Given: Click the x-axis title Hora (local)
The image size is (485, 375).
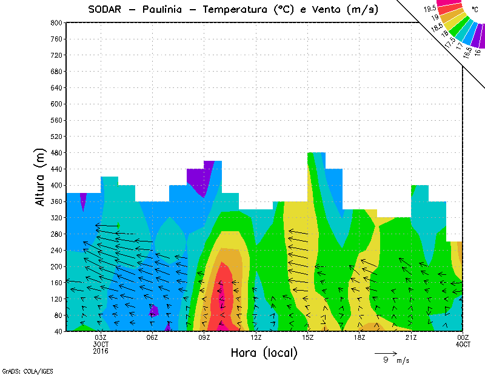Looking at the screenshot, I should (x=264, y=353).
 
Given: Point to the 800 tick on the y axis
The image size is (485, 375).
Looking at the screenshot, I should (x=56, y=22).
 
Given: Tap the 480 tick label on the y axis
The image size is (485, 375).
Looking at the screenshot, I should (x=56, y=153).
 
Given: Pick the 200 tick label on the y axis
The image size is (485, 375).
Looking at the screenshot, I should (x=56, y=266).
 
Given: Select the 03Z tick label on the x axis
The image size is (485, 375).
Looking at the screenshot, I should (x=101, y=338).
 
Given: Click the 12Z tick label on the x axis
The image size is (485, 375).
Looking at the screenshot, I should (x=256, y=338).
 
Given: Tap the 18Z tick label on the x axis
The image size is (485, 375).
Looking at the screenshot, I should (x=360, y=338).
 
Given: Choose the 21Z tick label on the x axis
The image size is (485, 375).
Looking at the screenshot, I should (x=411, y=338).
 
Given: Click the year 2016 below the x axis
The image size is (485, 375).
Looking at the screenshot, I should (x=101, y=351).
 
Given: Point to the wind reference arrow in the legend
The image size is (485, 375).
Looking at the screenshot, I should (x=386, y=353).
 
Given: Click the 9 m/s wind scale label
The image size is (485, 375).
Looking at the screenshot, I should (x=395, y=360).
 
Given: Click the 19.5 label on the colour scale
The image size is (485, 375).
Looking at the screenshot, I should (x=430, y=8).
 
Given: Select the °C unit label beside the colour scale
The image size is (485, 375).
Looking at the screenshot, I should (x=475, y=9).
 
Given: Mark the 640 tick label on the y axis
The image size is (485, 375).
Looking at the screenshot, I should (x=56, y=88).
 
